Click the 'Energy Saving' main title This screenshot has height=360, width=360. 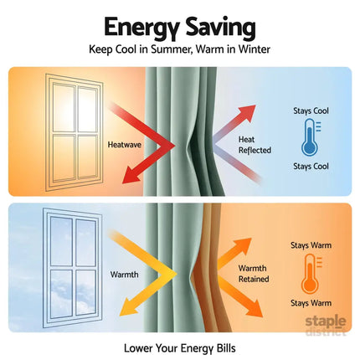[x=180, y=28]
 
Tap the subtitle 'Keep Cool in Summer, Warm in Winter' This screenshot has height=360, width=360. [x=179, y=49]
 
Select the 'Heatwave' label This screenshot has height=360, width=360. [x=125, y=145]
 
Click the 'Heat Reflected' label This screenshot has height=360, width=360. [x=255, y=145]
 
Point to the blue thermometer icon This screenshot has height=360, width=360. [x=311, y=137]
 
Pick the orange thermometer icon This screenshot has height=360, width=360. [x=311, y=274]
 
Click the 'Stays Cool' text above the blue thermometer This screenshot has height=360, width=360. [x=311, y=111]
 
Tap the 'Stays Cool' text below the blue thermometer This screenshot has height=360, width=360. [x=311, y=167]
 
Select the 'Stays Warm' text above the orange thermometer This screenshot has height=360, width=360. [x=311, y=245]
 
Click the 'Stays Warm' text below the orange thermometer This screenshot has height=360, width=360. [x=311, y=303]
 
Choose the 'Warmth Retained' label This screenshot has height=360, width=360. [x=254, y=274]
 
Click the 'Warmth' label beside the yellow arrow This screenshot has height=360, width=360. [x=124, y=275]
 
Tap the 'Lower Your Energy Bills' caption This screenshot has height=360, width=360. [x=180, y=348]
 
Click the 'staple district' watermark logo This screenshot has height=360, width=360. [x=326, y=326]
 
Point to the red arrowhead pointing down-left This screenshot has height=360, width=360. [x=131, y=176]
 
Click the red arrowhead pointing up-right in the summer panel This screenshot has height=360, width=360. [x=248, y=111]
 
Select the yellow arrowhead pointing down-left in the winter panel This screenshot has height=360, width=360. [x=128, y=307]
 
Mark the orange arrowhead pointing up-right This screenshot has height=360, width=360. [x=244, y=244]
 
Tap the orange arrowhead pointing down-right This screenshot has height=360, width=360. [x=255, y=309]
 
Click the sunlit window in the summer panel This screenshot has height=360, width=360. [x=75, y=132]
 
